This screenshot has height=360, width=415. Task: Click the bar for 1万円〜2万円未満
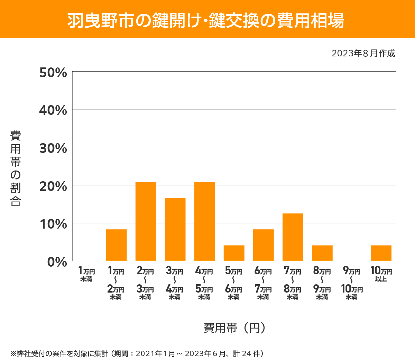[116, 245]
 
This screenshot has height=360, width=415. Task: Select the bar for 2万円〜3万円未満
[146, 221]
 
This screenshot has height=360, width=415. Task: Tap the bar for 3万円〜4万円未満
[175, 229]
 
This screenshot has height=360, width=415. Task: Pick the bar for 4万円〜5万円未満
[204, 221]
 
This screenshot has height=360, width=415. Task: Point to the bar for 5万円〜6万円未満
[234, 253]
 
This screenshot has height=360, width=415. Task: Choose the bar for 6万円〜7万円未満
[263, 245]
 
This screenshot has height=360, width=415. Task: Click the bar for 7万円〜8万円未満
[293, 237]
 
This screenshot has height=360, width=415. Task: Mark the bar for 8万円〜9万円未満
[322, 253]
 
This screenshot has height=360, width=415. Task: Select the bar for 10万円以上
[381, 253]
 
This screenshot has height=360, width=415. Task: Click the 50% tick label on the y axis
[53, 73]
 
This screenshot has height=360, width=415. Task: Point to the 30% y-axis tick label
[53, 148]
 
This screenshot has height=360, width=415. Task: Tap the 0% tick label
[57, 262]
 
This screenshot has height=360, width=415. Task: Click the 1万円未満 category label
[86, 274]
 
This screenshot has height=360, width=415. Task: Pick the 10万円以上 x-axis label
[381, 274]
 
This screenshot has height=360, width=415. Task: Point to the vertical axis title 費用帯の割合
[16, 168]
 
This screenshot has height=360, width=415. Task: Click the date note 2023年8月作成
[363, 54]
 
